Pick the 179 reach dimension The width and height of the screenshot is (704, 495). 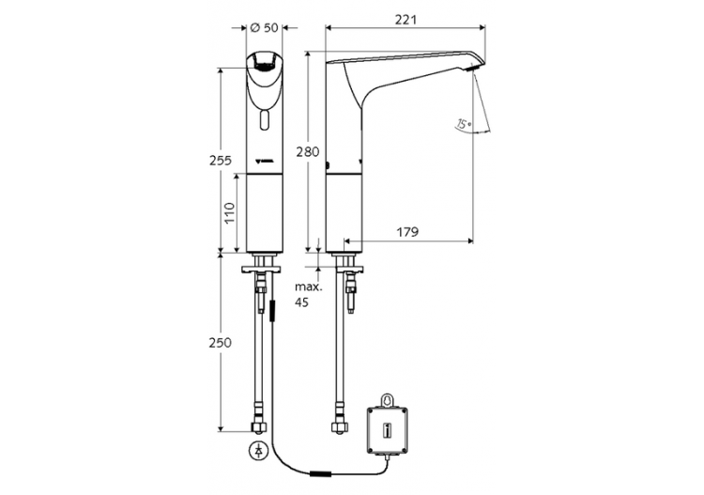click(406, 231)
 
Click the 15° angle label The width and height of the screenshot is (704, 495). click(462, 123)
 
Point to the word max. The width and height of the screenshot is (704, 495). click(307, 286)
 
